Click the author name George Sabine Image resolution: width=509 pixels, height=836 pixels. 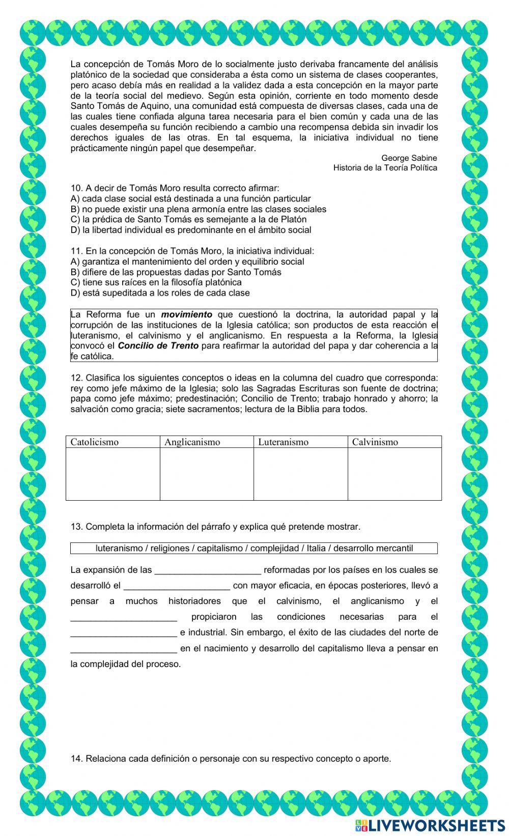(x=409, y=158)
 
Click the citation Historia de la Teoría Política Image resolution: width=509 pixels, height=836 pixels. (x=385, y=168)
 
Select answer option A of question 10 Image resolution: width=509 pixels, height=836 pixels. (x=190, y=199)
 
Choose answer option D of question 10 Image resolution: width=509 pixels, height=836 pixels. (x=191, y=230)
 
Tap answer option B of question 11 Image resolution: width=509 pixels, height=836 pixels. (x=176, y=272)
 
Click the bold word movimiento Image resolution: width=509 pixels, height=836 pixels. (x=186, y=314)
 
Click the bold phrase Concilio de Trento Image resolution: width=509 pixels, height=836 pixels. (x=158, y=346)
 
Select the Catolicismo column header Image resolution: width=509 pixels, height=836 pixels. (x=95, y=442)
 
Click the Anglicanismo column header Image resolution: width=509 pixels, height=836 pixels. (x=192, y=442)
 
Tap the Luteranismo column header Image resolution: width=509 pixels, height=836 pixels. (x=283, y=442)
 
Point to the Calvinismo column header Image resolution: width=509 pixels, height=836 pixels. (x=375, y=442)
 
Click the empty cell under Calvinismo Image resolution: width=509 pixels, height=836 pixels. (x=394, y=474)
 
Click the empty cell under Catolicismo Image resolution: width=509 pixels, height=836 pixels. (x=112, y=474)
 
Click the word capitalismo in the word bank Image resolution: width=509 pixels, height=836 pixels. (x=220, y=549)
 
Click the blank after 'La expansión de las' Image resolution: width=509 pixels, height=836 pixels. (x=208, y=570)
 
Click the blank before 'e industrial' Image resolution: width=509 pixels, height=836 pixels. (x=124, y=633)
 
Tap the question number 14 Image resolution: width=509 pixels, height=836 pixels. (x=76, y=759)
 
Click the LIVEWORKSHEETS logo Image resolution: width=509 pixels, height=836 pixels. (x=430, y=825)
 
